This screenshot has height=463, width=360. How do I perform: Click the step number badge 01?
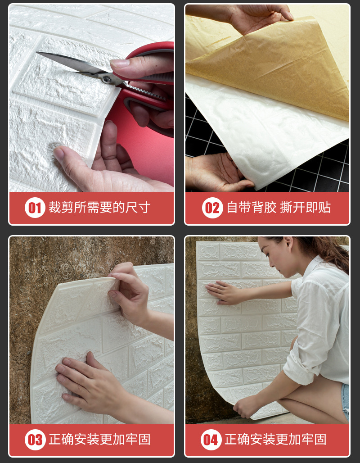coord(35,208)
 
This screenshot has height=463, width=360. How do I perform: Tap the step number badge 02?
coord(212,208)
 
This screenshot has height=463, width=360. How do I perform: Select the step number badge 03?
coord(35,440)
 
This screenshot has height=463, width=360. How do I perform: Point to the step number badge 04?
coord(211,440)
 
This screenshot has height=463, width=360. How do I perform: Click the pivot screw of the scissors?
coord(106,79)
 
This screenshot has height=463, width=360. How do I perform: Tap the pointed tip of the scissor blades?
coord(37,53)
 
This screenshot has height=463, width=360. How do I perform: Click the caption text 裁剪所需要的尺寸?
coord(99,208)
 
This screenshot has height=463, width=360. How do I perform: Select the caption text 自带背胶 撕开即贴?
coord(278,208)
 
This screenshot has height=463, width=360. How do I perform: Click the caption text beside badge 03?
coord(99,440)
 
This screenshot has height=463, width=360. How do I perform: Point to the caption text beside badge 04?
coord(275,440)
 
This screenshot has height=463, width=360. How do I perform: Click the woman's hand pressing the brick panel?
coord(224,292)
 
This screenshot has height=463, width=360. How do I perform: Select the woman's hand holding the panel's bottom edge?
coord(247,406)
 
